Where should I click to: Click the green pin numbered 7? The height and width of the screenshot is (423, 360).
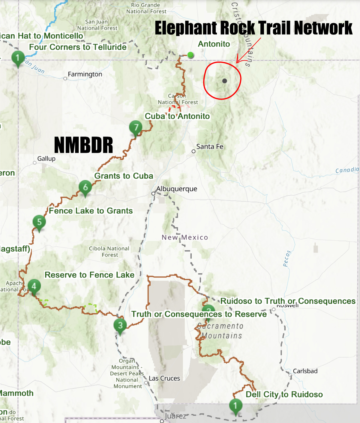click(x=136, y=127)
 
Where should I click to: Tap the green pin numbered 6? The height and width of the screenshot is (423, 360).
click(x=85, y=187)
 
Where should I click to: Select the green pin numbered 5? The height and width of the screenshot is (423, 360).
click(x=39, y=222)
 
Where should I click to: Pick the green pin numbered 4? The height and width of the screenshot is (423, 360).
click(x=34, y=286)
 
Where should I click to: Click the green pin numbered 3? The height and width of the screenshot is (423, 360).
click(x=120, y=325)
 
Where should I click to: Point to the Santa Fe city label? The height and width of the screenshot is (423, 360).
click(x=210, y=147)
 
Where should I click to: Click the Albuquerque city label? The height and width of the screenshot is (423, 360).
click(x=177, y=189)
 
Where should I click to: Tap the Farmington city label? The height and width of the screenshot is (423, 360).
click(x=85, y=74)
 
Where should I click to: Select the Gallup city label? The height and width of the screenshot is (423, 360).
click(x=46, y=159)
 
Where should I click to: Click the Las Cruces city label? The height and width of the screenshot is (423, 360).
click(x=164, y=379)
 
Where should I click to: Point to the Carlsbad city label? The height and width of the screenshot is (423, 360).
click(x=305, y=371)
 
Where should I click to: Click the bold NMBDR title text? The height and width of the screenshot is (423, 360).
click(x=83, y=145)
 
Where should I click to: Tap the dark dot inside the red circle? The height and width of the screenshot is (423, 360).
click(x=224, y=81)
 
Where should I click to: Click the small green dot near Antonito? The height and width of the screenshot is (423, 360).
click(x=190, y=55)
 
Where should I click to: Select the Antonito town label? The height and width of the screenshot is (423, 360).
click(x=214, y=44)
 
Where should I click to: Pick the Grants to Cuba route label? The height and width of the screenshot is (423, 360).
click(x=124, y=176)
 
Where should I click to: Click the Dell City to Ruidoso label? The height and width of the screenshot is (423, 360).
click(x=284, y=394)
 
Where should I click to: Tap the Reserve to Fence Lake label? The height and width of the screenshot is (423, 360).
click(x=89, y=275)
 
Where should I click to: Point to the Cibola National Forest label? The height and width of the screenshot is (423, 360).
click(x=109, y=252)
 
